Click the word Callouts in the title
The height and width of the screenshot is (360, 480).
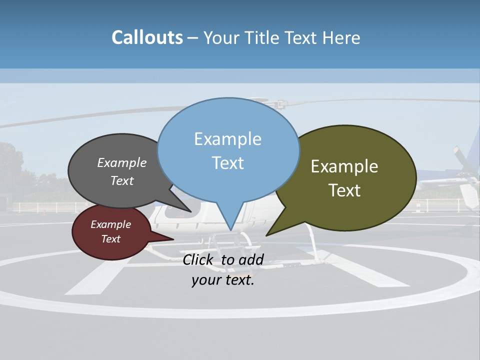coord(147,37)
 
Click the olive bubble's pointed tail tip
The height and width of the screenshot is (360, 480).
coord(267,235)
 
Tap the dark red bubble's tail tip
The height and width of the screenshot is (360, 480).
coord(173,239)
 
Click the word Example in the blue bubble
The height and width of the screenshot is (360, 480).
coord(228,139)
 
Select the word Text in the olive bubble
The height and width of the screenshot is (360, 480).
coord(345,190)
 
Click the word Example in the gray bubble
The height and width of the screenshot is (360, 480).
coord(122,162)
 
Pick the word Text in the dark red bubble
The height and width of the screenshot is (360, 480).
coord(111,239)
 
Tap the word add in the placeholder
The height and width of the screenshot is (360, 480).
coord(251,259)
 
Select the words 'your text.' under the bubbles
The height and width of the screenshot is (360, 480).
coord(223,280)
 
